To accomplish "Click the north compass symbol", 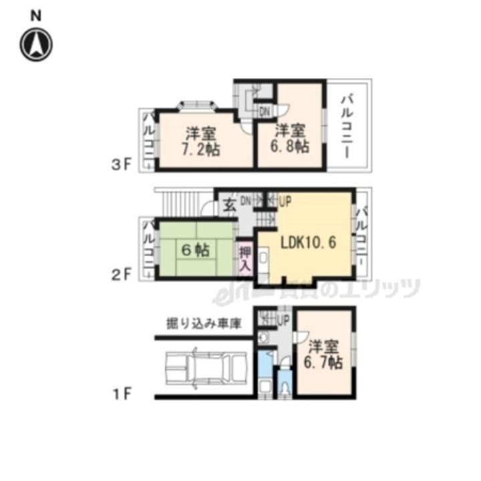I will (x=36, y=43).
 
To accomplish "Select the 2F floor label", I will (x=126, y=273).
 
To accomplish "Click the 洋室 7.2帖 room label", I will (x=200, y=140).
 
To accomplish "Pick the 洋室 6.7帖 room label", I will (x=325, y=355).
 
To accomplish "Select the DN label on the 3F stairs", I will (x=265, y=111).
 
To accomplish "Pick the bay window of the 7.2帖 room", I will (x=197, y=104).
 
